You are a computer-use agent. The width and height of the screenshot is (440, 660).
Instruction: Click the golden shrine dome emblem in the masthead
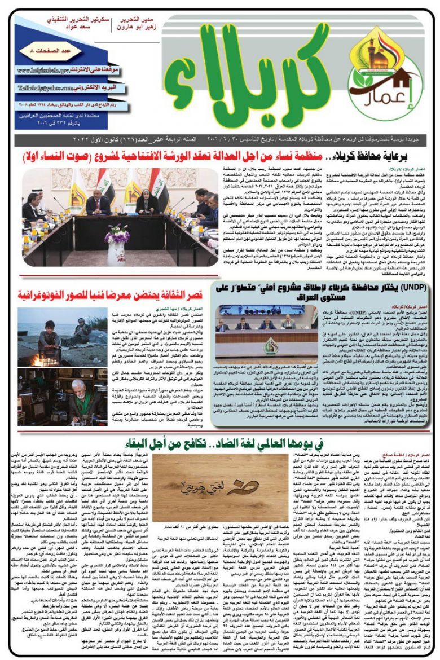[x=387, y=47]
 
